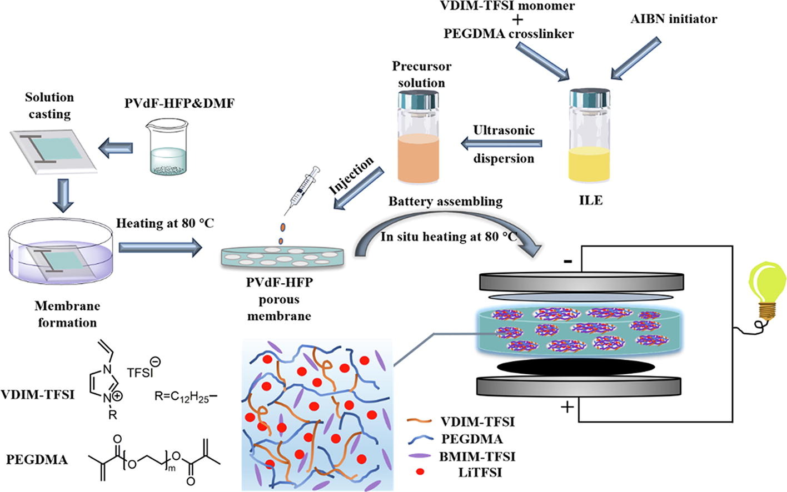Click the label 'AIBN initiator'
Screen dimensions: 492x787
pos(674,19)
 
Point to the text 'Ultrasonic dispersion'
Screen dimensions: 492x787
pos(504,144)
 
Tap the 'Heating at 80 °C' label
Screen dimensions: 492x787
pos(165,223)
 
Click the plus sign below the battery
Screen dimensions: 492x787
pos(567,408)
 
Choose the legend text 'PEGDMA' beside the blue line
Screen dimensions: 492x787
pos(472,439)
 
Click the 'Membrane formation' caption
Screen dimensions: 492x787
pos(67,314)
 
